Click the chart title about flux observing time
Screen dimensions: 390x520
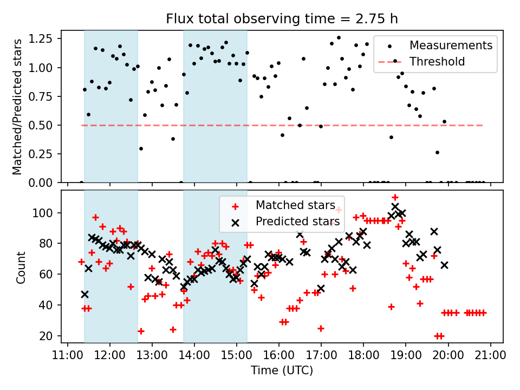click(282, 19)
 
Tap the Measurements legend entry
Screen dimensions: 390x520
click(451, 44)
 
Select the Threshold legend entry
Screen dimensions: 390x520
click(437, 62)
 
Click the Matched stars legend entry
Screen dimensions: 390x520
click(295, 205)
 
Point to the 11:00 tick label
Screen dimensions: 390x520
click(67, 356)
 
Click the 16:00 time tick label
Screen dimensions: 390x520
click(279, 356)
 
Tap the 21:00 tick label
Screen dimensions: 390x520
click(490, 356)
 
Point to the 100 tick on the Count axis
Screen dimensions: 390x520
click(45, 213)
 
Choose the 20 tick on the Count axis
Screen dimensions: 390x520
click(48, 336)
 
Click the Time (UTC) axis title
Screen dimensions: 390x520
click(282, 371)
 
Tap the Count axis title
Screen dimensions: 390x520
click(21, 267)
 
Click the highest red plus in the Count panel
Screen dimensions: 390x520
click(395, 198)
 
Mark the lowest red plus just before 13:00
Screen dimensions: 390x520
click(141, 331)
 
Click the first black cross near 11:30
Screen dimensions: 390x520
click(84, 294)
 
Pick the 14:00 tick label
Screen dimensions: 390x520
click(194, 356)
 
